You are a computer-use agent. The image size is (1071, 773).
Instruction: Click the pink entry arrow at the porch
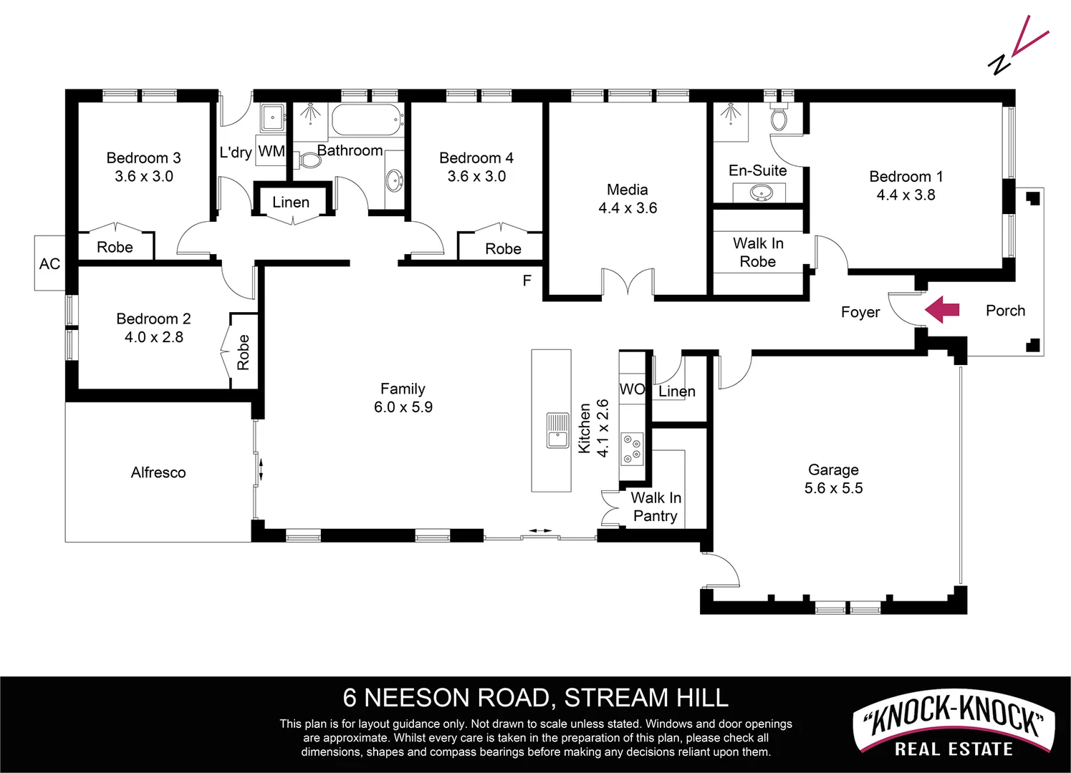(942, 310)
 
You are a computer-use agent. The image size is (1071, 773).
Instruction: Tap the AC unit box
(49, 263)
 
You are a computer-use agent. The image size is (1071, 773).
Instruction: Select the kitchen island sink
(557, 429)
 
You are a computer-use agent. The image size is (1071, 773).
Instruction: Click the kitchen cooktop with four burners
(632, 448)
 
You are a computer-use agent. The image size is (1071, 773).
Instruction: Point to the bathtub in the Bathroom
(366, 120)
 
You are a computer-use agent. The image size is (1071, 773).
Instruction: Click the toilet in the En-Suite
(779, 116)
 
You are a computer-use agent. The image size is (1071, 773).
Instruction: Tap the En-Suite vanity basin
(759, 192)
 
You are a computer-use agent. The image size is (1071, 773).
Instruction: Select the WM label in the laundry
(272, 151)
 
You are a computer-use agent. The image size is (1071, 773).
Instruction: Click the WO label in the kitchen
(632, 389)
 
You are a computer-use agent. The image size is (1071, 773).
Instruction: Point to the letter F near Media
(527, 281)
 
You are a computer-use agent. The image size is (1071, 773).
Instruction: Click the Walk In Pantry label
(655, 507)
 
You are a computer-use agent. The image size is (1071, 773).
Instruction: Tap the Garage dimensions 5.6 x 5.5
(833, 488)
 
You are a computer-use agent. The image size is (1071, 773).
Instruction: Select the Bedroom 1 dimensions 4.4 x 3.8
(906, 195)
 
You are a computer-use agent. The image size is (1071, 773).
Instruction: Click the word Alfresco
(158, 472)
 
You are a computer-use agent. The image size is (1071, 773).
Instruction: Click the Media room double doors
(628, 283)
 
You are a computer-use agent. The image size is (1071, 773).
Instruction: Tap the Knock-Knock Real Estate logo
(954, 726)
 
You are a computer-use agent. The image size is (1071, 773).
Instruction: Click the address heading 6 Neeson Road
(535, 697)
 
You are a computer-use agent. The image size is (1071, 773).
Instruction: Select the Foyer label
(860, 312)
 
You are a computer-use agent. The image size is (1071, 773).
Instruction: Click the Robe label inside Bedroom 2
(244, 352)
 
